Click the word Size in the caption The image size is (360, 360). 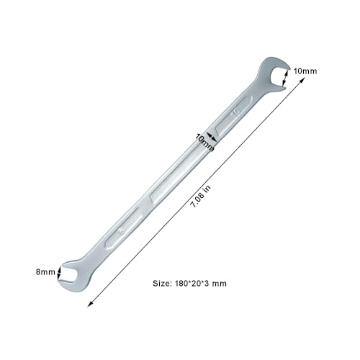click(163, 284)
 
